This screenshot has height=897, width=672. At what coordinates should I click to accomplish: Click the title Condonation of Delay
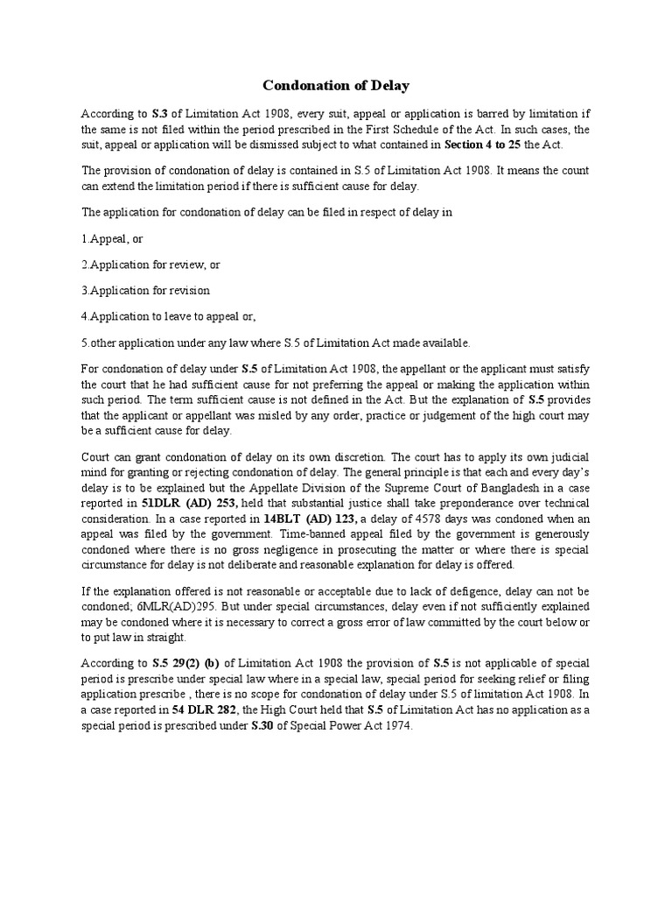coord(336,86)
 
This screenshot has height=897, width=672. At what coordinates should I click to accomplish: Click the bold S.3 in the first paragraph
coord(153,114)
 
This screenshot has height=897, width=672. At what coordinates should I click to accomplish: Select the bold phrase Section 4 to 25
coord(483,145)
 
